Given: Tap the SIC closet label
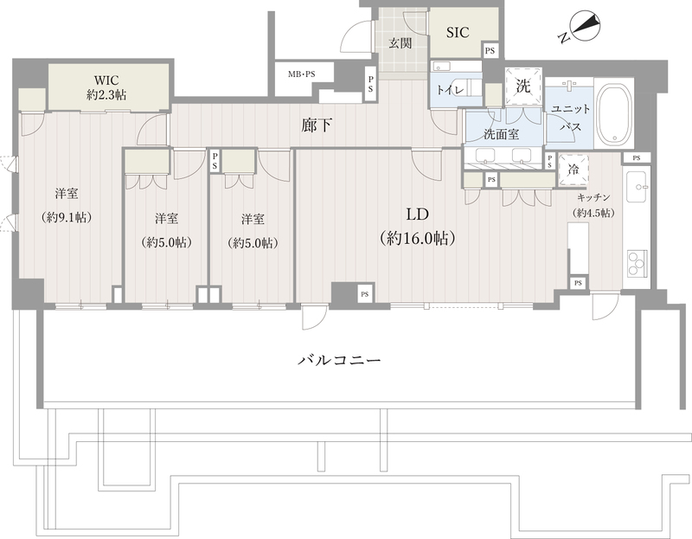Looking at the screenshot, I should click(458, 33).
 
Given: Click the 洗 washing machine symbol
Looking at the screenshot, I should click(522, 87).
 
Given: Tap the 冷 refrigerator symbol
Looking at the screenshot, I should click(573, 170).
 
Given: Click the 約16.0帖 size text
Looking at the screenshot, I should click(419, 238).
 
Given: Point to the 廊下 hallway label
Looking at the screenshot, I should click(316, 126).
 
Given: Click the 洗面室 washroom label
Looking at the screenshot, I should click(501, 134).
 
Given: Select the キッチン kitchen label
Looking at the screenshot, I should click(596, 197).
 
